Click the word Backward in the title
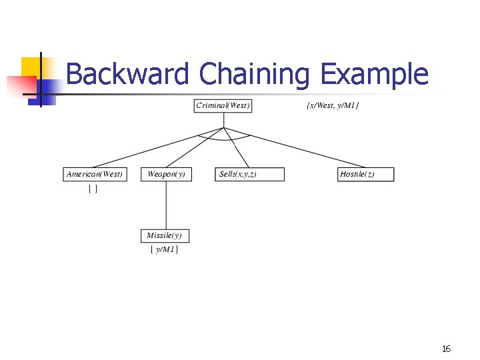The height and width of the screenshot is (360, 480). [127, 74]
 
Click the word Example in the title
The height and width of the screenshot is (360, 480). [373, 74]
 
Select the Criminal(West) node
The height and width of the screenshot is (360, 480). [223, 106]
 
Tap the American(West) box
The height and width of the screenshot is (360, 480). [95, 175]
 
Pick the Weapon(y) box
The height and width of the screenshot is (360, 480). [166, 175]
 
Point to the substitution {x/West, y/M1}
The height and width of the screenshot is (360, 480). [333, 106]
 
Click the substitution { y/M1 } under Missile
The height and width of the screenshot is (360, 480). [164, 249]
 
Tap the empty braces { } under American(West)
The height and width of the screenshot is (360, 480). [93, 189]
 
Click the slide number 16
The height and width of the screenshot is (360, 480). [446, 349]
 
